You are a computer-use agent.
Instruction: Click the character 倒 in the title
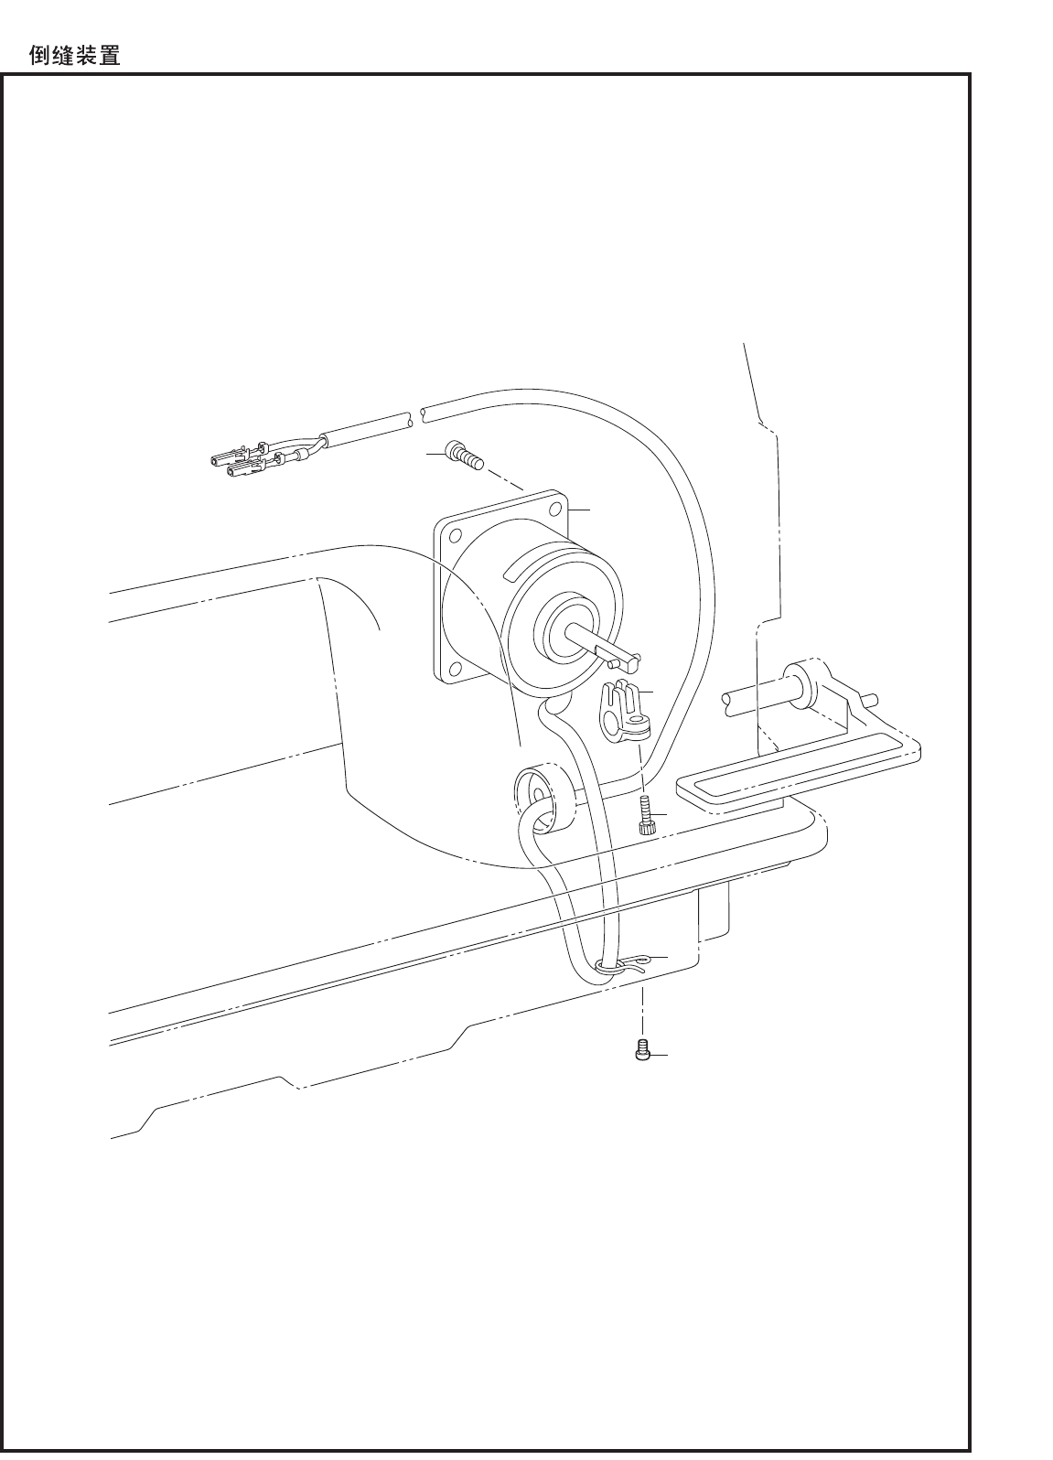pyautogui.click(x=41, y=57)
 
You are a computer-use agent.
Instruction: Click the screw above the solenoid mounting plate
pyautogui.click(x=462, y=455)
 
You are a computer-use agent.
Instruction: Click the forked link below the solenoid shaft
pyautogui.click(x=624, y=709)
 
